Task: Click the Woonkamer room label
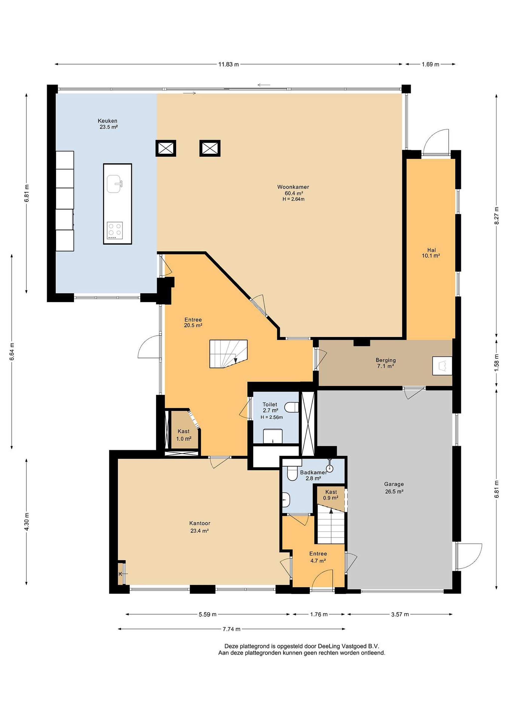[x=293, y=187]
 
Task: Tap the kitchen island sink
[x=114, y=184]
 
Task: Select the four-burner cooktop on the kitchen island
[x=114, y=230]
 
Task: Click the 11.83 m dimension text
[x=228, y=64]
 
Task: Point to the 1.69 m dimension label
[x=430, y=64]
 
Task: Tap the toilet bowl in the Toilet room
[x=292, y=407]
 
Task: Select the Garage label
[x=394, y=484]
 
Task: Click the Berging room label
[x=386, y=360]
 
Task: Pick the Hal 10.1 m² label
[x=431, y=253]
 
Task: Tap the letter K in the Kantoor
[x=120, y=574]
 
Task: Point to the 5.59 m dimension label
[x=207, y=615]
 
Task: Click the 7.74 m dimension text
[x=231, y=629]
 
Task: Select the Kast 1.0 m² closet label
[x=184, y=435]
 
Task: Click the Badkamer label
[x=313, y=472]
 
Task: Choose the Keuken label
[x=107, y=121]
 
